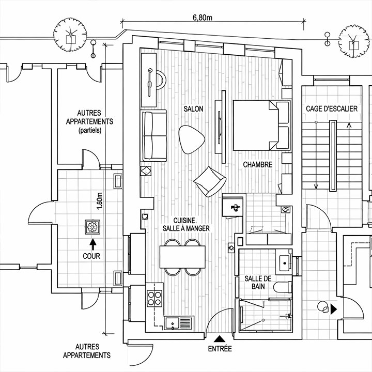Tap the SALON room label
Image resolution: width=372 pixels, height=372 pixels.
193,109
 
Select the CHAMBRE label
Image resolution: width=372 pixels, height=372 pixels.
258,165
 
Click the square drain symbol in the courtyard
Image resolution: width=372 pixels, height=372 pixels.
93,226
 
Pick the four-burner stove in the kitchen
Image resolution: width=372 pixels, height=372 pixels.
154,297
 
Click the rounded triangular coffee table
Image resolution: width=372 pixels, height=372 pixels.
191,138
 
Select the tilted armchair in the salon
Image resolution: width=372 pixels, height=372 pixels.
210,181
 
